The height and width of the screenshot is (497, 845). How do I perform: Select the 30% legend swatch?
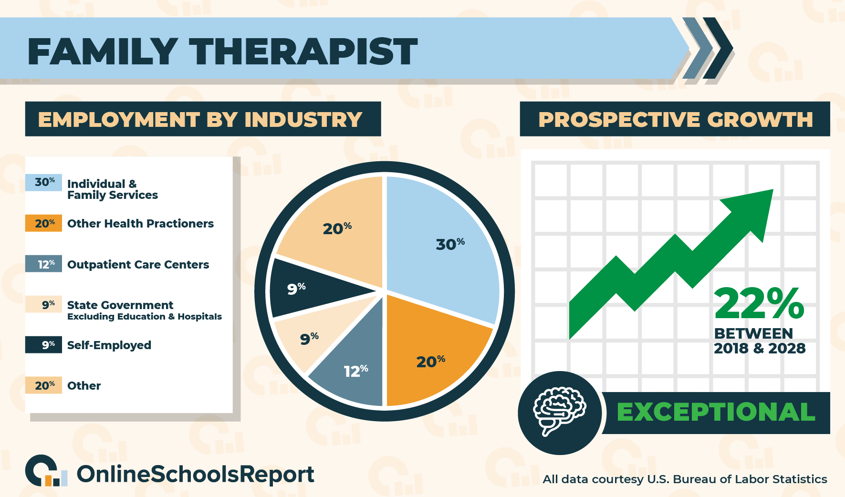pos(43,183)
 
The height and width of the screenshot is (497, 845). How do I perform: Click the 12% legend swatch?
pos(43,264)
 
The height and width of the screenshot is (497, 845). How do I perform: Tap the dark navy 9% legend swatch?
pos(43,345)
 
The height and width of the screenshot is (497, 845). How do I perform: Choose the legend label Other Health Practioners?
pos(140,224)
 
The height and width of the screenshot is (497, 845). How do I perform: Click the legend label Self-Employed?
pos(109,345)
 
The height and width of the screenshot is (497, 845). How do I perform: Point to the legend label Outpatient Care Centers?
pos(138,265)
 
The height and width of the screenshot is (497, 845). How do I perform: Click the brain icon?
pos(559,411)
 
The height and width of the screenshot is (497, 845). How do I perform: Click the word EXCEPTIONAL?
pos(716,412)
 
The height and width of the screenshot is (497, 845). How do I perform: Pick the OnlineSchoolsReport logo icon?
pos(46,471)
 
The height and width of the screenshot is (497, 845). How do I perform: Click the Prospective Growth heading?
pos(676,119)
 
